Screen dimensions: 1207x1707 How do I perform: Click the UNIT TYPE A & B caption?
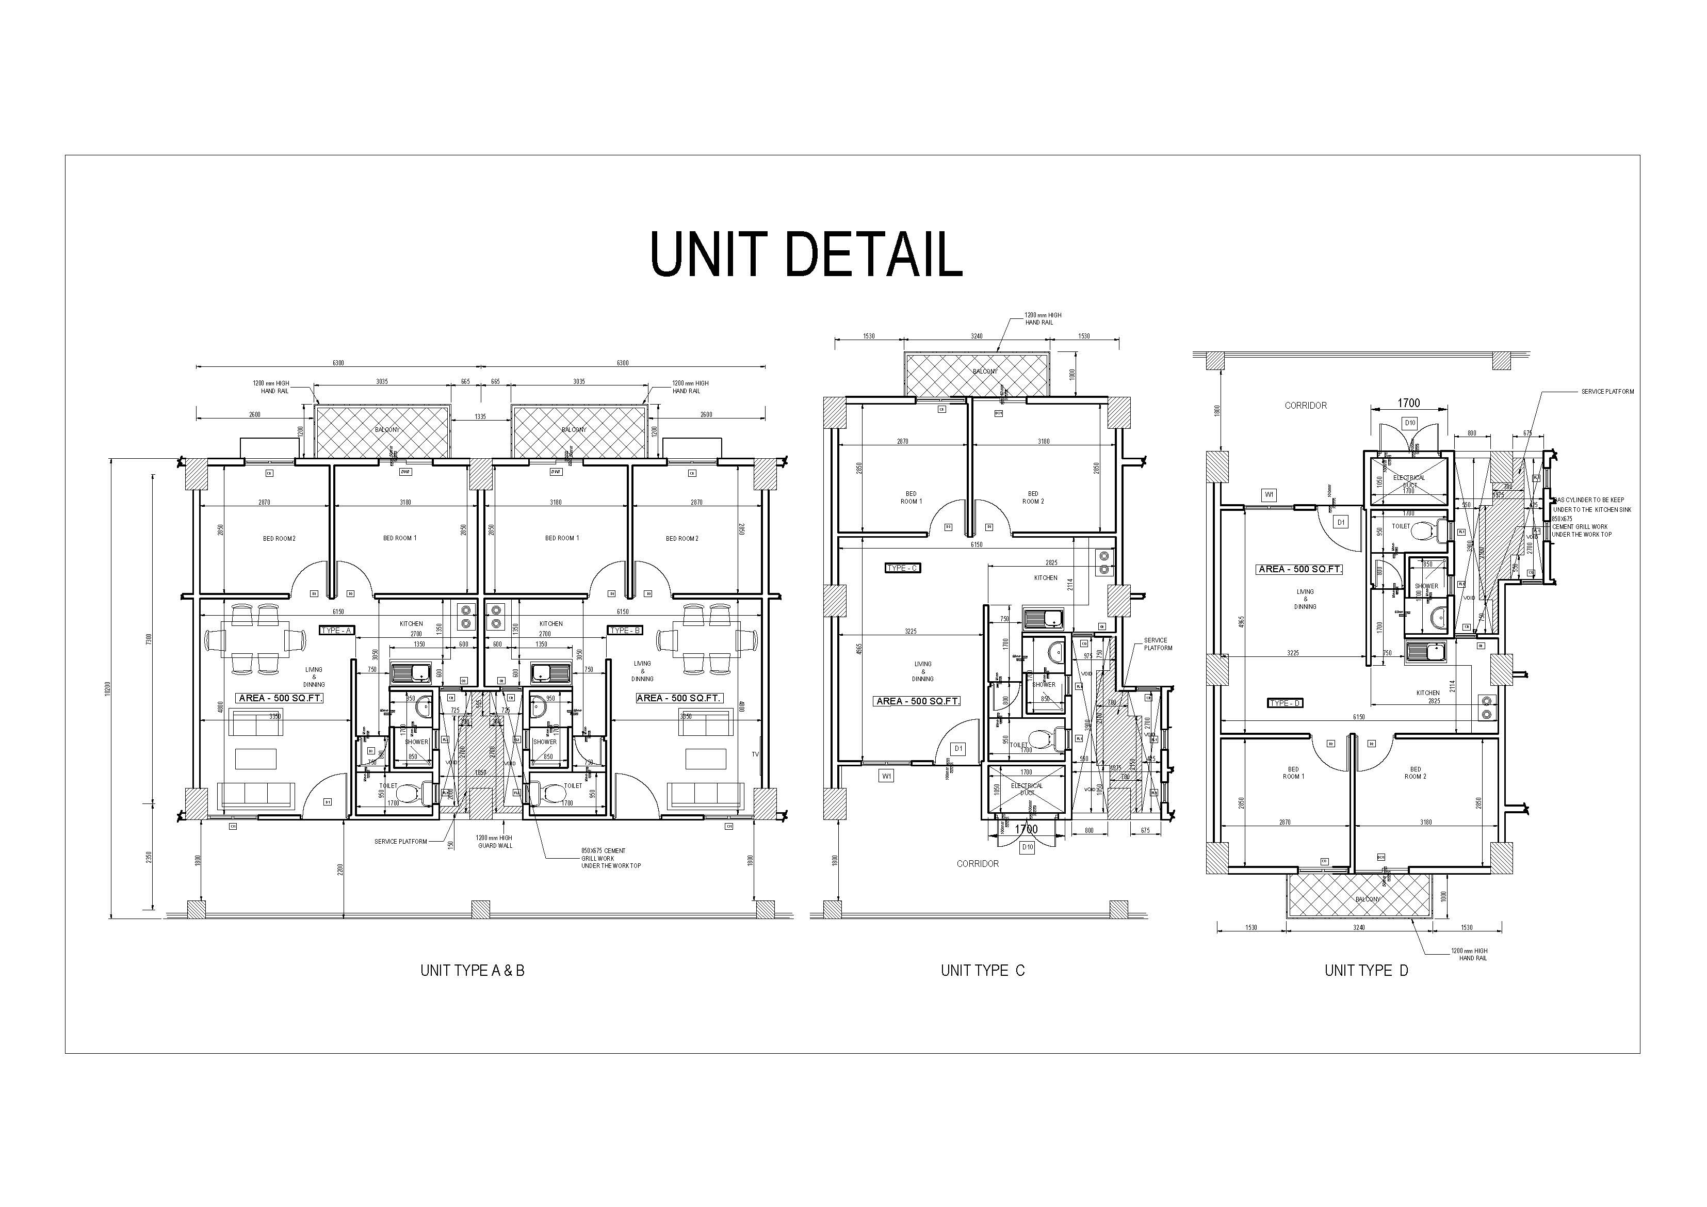coord(472,971)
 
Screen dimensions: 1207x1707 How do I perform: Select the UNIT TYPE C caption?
coord(982,971)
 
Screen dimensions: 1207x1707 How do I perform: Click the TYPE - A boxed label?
coord(337,631)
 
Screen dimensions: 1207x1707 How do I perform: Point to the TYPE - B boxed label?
coord(625,631)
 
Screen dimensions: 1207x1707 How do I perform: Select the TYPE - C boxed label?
coord(903,568)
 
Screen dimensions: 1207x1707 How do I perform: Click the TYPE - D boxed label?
coord(1285,703)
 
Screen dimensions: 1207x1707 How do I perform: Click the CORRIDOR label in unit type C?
coord(978,863)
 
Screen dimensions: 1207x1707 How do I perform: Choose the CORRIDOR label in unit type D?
coord(1306,405)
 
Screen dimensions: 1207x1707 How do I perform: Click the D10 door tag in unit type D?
coord(1409,423)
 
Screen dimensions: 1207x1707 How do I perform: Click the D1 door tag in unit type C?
coord(959,749)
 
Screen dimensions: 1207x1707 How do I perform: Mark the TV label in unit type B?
coord(755,754)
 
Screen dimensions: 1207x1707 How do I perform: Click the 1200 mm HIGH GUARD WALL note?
coord(494,841)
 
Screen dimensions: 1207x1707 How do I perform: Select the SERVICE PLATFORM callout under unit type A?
coord(401,842)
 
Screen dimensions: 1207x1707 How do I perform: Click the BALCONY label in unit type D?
coord(1367,899)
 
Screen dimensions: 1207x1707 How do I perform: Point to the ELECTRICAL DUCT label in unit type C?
coord(1027,789)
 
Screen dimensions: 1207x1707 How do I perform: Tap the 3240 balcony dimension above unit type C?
coord(976,336)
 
